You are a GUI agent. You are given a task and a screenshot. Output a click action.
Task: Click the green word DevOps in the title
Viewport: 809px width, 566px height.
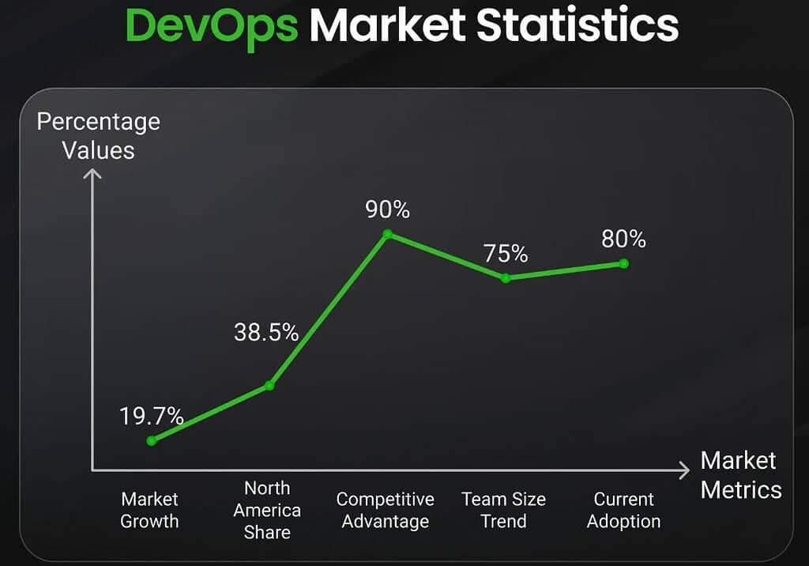pos(211,25)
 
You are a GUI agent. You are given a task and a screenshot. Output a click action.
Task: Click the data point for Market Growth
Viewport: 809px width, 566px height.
pos(151,440)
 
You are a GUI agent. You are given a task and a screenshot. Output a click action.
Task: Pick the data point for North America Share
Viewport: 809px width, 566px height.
pos(269,385)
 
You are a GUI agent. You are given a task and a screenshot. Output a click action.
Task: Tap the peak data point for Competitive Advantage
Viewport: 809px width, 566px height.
pos(387,234)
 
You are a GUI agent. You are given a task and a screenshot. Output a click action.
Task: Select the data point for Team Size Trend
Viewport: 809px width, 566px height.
pos(506,277)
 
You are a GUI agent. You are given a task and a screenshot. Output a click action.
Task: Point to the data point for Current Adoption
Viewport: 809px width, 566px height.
pos(623,263)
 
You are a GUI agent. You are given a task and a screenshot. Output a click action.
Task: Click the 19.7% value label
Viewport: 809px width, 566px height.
pos(152,416)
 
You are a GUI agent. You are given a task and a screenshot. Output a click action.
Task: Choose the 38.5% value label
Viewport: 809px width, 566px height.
pos(266,333)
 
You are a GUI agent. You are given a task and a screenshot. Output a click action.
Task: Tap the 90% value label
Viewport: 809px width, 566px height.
pos(387,209)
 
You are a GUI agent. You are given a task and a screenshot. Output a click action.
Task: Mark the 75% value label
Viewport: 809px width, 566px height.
pos(506,253)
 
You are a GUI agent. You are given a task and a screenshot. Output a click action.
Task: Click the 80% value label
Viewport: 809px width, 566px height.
pos(623,239)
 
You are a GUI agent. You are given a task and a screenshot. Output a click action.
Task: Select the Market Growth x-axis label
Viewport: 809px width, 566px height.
pos(149,510)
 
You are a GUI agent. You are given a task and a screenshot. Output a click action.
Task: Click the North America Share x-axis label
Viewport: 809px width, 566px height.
pos(267,510)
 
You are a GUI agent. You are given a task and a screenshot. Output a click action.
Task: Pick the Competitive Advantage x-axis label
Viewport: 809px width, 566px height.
pos(385,510)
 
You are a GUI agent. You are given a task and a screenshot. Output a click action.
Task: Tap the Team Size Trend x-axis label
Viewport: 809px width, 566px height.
pos(503,510)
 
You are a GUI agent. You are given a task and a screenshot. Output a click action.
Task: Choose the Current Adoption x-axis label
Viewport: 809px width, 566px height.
pos(623,510)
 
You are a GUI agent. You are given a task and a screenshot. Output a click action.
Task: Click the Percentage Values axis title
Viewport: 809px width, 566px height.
pos(99,135)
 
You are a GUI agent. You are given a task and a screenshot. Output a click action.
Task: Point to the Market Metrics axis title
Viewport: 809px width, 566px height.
pos(740,474)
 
